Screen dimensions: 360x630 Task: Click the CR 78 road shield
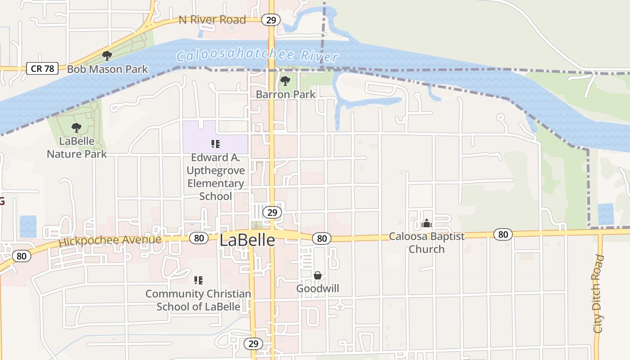(43, 69)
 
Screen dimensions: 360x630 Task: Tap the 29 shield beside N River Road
(271, 20)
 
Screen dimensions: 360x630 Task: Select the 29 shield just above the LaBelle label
(272, 212)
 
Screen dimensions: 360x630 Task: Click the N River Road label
(212, 20)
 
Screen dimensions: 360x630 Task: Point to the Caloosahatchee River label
(257, 56)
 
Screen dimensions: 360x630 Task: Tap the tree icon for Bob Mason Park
(107, 56)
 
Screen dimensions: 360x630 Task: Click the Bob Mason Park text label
(107, 69)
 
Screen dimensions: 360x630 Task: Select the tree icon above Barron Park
(285, 81)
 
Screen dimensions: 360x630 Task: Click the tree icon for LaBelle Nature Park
(76, 128)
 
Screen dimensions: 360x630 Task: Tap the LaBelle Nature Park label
(77, 148)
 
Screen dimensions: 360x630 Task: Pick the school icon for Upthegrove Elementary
(215, 144)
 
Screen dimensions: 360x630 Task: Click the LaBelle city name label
(247, 240)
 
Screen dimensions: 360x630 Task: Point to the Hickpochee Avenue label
(110, 240)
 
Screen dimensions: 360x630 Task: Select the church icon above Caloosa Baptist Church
(426, 223)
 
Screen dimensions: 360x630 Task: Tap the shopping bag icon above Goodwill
(318, 275)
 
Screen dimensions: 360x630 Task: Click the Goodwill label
(318, 288)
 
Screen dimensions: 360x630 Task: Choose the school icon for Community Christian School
(198, 280)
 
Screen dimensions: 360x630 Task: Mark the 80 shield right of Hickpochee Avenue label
(198, 238)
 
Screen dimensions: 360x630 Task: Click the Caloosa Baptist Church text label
(426, 243)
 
